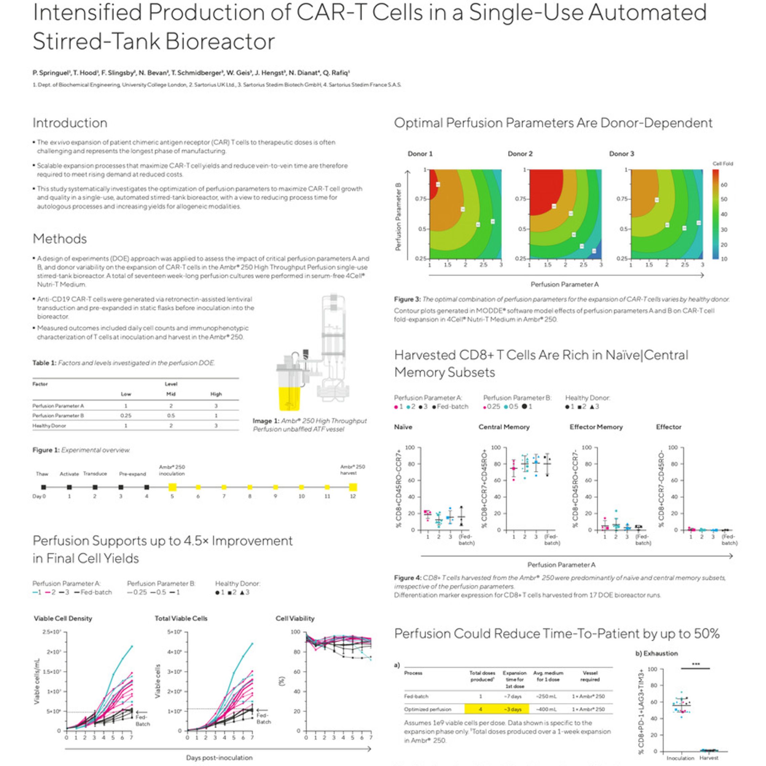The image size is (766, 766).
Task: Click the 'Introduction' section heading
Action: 70,123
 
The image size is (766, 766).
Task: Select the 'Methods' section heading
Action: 59,239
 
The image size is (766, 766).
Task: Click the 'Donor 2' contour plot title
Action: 520,154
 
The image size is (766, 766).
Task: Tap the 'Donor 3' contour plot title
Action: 621,154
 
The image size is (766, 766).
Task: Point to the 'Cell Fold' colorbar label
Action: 722,164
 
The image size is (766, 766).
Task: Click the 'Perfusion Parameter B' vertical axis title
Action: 398,216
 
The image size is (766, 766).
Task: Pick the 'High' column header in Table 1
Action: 216,394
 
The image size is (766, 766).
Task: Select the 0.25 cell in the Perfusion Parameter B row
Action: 126,416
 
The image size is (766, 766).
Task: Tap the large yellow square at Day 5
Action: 172,487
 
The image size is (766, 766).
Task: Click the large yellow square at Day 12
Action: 352,487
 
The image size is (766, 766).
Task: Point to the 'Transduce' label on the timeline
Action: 95,474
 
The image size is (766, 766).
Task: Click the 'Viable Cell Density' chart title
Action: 63,618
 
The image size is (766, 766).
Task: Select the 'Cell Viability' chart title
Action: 295,618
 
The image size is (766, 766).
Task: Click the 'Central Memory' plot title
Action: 504,427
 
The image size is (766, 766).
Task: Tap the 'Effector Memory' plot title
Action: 596,427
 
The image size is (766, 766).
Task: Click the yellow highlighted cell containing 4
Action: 480,709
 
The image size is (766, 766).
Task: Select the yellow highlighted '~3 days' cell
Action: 514,709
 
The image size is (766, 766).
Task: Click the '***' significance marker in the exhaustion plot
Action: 695,664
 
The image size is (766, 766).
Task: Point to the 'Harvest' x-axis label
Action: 709,758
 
